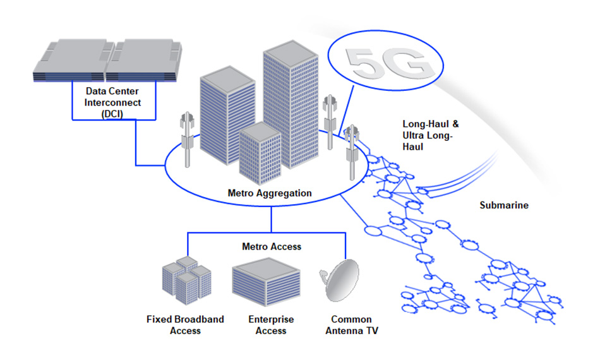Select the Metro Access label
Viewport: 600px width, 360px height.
272,246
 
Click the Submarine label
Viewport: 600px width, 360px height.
503,205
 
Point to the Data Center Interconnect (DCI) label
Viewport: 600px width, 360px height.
114,102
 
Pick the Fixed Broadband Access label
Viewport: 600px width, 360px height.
185,325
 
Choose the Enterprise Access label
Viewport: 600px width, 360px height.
272,325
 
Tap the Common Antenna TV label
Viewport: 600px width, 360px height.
351,325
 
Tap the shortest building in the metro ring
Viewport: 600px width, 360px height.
260,152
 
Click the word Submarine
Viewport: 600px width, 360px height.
503,205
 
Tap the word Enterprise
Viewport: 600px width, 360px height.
272,320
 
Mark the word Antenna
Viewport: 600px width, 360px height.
351,330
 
